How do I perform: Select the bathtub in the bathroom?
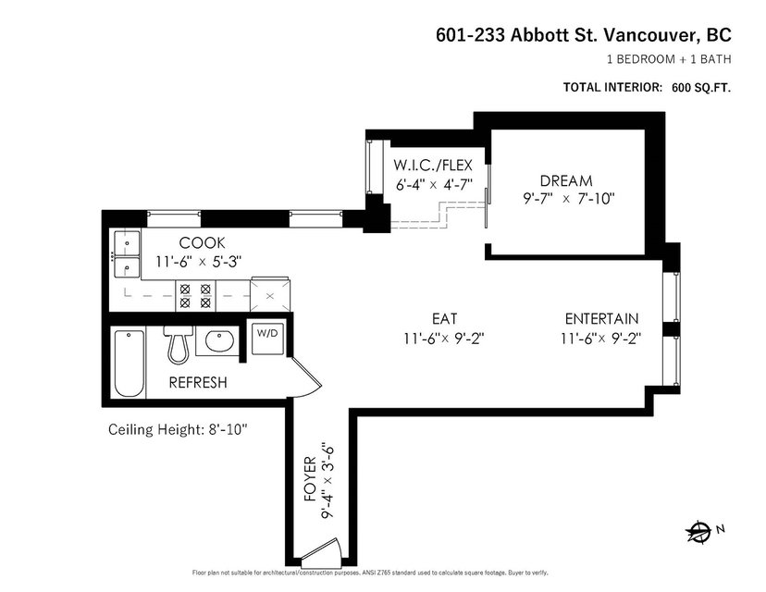pos(130,364)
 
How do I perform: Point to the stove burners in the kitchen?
pos(195,296)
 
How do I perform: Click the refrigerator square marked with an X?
pos(269,294)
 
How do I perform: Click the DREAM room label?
pos(566,181)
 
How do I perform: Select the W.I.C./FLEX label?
pos(433,165)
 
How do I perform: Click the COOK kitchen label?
pos(203,242)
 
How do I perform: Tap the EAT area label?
pos(445,319)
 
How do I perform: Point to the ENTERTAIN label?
pos(602,319)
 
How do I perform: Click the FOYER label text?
pos(311,479)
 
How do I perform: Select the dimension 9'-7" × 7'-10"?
pos(569,199)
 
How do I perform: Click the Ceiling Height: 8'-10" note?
pos(178,430)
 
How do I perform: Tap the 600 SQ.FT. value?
pos(701,88)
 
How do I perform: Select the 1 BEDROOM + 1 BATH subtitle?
pos(669,59)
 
